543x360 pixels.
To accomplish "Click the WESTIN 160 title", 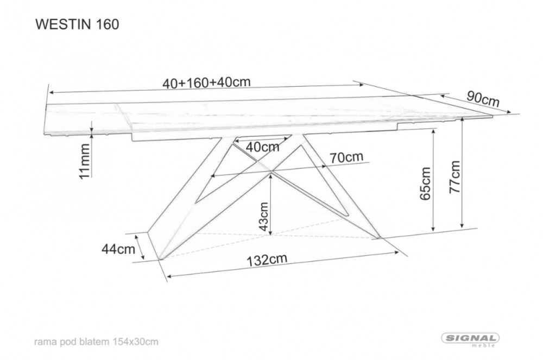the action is click(x=77, y=24).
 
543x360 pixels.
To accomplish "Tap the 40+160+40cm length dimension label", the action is click(x=206, y=83).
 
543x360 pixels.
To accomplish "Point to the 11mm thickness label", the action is click(x=85, y=161).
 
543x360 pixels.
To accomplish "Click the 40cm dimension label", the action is click(x=262, y=147).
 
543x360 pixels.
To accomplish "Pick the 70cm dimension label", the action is click(x=346, y=157).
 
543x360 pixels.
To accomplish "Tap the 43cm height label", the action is click(x=264, y=217).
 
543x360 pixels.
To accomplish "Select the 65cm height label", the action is click(x=425, y=184).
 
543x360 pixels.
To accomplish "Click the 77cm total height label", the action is click(x=454, y=176).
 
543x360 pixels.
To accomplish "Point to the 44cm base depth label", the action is click(x=118, y=249).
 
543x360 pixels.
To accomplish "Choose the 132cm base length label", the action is click(x=267, y=260).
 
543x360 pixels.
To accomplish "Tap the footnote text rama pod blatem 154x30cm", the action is click(x=96, y=342).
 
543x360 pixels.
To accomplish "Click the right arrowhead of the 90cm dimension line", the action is click(x=508, y=111).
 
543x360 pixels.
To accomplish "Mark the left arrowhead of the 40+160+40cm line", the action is click(x=52, y=92).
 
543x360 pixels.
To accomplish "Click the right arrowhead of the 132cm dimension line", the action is click(x=396, y=252).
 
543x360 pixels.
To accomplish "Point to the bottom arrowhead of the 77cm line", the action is click(x=462, y=225).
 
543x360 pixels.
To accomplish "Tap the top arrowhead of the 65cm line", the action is click(x=433, y=132).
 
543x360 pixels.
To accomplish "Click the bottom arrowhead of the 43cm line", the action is click(x=271, y=232).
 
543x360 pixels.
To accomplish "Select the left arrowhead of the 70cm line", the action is click(x=213, y=176).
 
